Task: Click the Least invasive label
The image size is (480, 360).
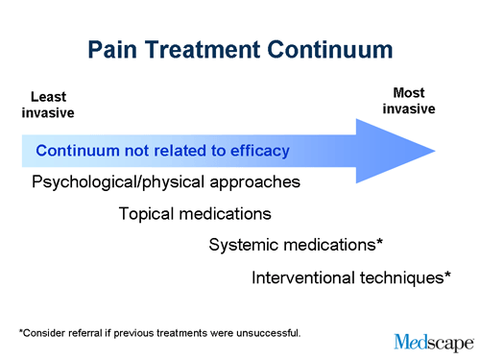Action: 48,105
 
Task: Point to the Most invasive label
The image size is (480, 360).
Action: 409,101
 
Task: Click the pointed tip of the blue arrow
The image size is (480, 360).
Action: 433,151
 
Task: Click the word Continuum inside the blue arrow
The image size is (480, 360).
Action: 79,151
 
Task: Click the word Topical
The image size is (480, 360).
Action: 149,214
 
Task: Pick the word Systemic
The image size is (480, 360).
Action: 243,246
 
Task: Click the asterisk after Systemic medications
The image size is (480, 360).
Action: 380,243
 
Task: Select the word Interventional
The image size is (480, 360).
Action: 306,277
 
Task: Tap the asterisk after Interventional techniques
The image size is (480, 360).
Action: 447,275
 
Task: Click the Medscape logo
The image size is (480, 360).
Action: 432,342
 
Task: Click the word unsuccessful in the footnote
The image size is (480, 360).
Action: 272,333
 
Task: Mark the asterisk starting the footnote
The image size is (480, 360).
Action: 21,332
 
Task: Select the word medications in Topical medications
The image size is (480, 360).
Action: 228,214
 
